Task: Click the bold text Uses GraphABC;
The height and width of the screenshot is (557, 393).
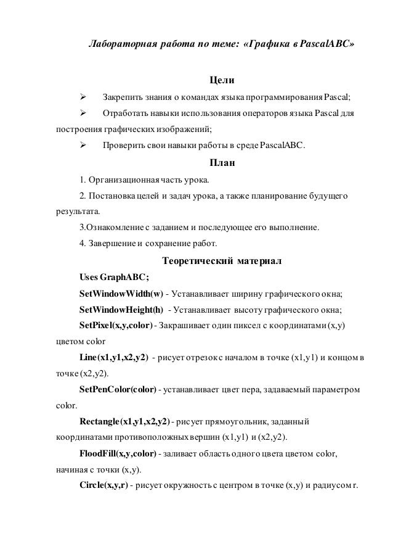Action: [114, 276]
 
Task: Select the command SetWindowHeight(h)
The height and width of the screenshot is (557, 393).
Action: [122, 309]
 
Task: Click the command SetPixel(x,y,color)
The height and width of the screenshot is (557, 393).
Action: [117, 325]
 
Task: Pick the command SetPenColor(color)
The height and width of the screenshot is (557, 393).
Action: [118, 390]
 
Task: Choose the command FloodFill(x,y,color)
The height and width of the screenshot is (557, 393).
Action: [118, 455]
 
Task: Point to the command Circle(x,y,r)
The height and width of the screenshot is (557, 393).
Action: [103, 487]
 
